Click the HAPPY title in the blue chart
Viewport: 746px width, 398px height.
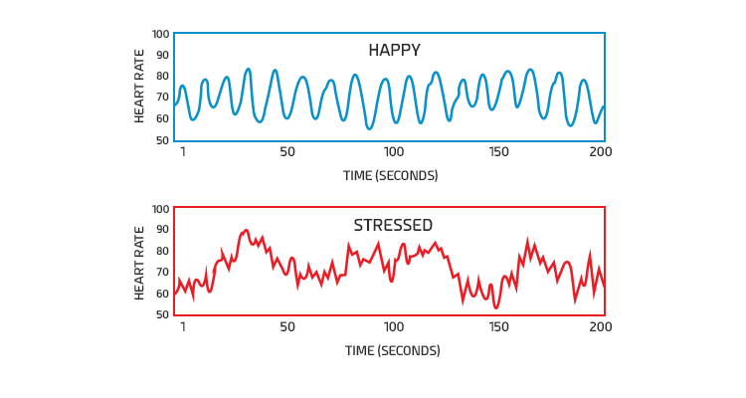pyautogui.click(x=394, y=50)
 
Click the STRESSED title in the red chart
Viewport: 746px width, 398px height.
pyautogui.click(x=393, y=225)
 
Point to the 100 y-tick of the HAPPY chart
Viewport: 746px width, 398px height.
pyautogui.click(x=161, y=34)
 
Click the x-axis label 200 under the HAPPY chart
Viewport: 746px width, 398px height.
pyautogui.click(x=600, y=152)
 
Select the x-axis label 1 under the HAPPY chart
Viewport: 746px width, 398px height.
pyautogui.click(x=183, y=152)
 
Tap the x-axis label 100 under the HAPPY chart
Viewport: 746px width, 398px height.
pyautogui.click(x=394, y=152)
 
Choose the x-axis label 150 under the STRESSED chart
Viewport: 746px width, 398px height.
pyautogui.click(x=499, y=327)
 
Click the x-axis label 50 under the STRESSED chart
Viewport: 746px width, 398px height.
pyautogui.click(x=287, y=327)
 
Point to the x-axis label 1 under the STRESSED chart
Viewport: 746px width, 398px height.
pyautogui.click(x=183, y=327)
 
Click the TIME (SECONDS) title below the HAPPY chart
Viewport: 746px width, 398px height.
pyautogui.click(x=392, y=176)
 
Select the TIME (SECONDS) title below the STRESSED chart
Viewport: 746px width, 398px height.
pyautogui.click(x=392, y=351)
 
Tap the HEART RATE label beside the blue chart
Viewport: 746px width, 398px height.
pyautogui.click(x=140, y=88)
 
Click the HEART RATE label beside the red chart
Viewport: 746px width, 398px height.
pyautogui.click(x=140, y=263)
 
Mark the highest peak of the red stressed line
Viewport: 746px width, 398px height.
pyautogui.click(x=246, y=230)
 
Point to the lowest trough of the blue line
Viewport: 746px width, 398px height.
pyautogui.click(x=369, y=128)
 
